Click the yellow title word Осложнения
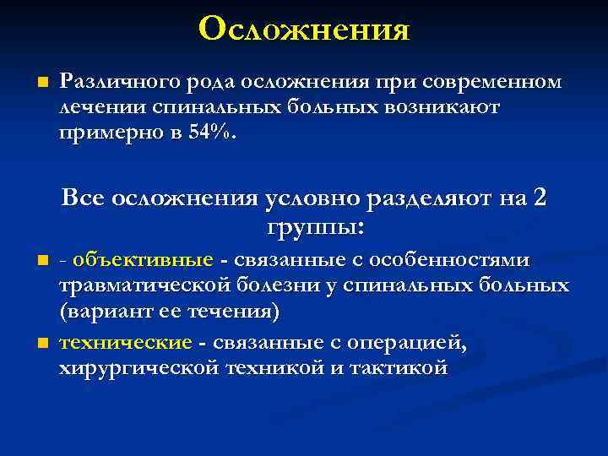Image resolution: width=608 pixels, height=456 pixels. click(304, 30)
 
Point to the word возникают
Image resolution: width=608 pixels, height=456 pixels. click(453, 108)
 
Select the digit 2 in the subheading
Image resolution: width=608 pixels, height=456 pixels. click(540, 199)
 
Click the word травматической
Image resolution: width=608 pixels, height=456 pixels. click(138, 285)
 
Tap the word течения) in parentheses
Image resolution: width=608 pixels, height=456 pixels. click(236, 312)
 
